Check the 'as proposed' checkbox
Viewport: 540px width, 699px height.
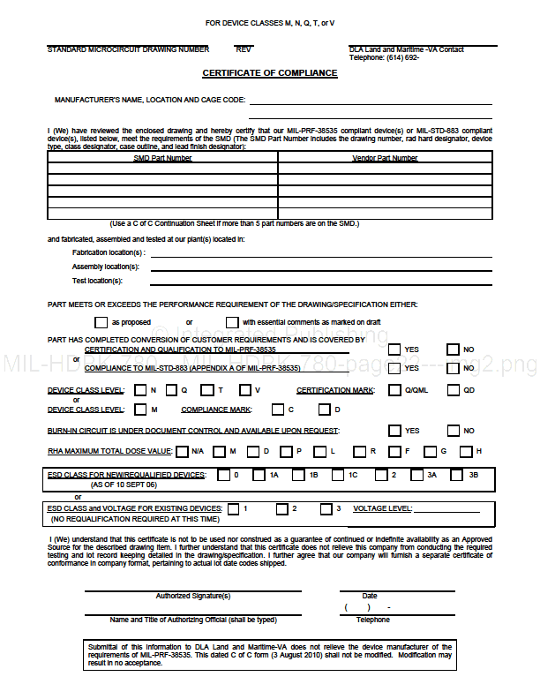click(101, 322)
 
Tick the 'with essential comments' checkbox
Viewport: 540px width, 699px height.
click(233, 322)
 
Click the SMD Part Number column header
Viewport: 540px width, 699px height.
click(162, 158)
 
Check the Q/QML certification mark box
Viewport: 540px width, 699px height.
click(394, 390)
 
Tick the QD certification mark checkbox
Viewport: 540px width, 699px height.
click(454, 390)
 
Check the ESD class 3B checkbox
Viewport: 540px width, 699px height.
click(456, 475)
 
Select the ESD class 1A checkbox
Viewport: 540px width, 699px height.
click(259, 475)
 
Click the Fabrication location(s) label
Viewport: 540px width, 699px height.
click(109, 252)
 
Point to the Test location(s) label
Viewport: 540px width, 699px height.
click(97, 281)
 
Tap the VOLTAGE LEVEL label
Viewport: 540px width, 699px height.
click(382, 509)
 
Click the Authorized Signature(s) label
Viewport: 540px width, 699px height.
click(193, 596)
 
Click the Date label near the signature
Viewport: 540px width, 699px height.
click(369, 596)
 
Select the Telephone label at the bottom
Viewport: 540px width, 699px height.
click(372, 620)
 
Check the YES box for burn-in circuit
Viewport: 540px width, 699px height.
click(394, 431)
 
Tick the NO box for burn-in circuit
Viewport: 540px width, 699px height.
click(454, 431)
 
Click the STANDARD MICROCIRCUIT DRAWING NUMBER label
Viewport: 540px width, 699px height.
click(128, 49)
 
